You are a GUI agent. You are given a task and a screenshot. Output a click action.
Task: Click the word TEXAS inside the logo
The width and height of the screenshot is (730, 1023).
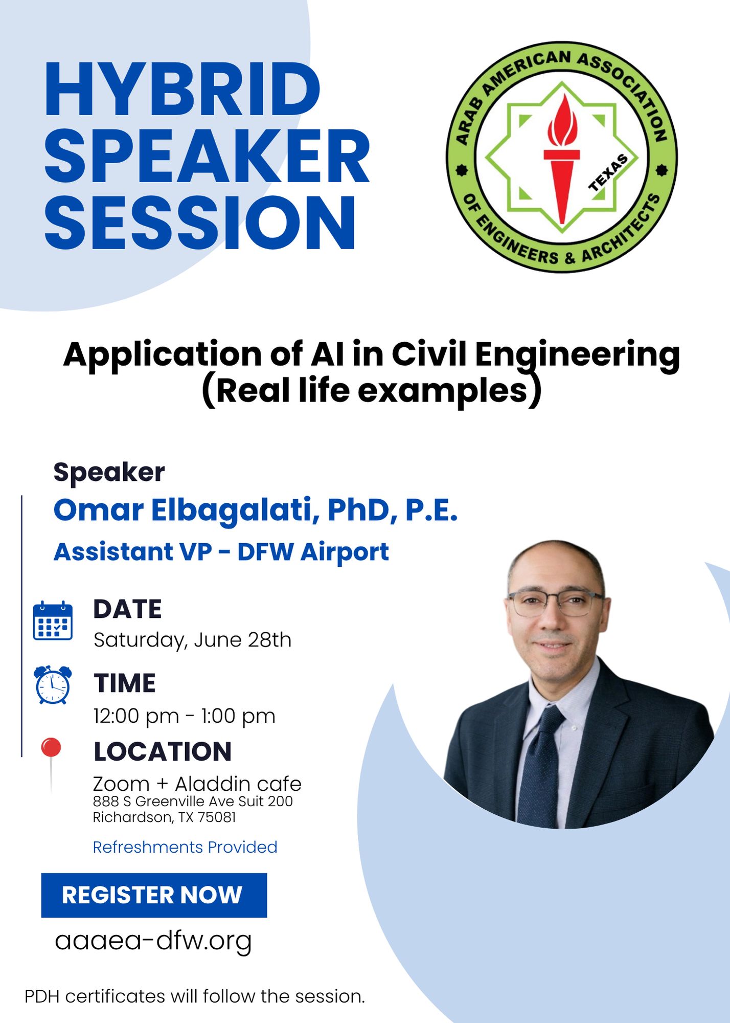pyautogui.click(x=608, y=172)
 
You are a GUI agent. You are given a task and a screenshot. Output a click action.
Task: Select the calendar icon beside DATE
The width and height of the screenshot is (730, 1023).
pyautogui.click(x=53, y=620)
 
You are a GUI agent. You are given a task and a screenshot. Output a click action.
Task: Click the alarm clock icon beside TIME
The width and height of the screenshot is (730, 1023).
pyautogui.click(x=53, y=685)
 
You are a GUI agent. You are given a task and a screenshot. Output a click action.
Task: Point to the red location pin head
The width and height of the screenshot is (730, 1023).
pyautogui.click(x=51, y=747)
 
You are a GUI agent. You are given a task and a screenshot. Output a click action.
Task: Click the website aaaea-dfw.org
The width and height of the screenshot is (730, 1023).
pyautogui.click(x=153, y=941)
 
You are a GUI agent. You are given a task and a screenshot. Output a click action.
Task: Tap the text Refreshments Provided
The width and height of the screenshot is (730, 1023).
pyautogui.click(x=185, y=847)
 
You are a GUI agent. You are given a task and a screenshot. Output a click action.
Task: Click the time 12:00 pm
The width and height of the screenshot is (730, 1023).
pyautogui.click(x=136, y=716)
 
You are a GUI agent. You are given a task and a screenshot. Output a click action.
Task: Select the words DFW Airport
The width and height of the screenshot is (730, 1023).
pyautogui.click(x=313, y=552)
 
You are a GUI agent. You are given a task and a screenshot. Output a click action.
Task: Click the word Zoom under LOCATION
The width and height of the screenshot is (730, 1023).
pyautogui.click(x=121, y=784)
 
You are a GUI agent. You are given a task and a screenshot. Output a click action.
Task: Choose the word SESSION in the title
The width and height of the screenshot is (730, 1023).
pyautogui.click(x=200, y=224)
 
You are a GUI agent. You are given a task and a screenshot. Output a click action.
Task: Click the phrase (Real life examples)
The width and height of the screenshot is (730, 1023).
pyautogui.click(x=372, y=392)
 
